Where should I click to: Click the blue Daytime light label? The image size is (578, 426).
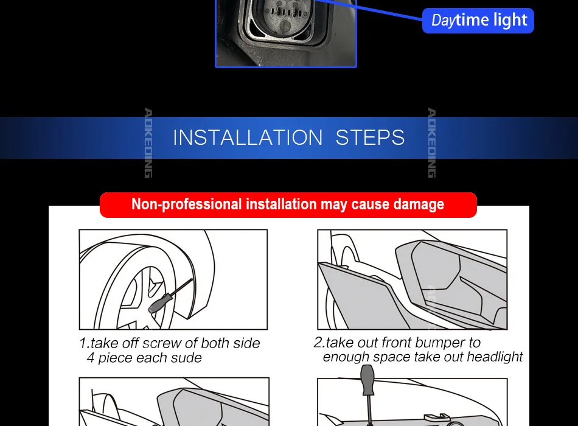click(478, 21)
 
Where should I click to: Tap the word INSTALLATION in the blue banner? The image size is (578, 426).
click(248, 138)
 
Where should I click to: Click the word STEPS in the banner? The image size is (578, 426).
click(370, 138)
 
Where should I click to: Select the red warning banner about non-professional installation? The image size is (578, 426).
click(288, 204)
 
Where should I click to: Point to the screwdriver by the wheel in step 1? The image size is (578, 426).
click(170, 296)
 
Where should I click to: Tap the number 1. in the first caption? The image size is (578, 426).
click(85, 343)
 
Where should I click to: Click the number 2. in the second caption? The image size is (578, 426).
click(319, 342)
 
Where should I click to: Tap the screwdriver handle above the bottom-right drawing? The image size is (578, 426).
click(367, 380)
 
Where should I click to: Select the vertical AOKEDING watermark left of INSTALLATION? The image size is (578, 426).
click(148, 143)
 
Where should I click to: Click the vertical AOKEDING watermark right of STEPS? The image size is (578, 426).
click(431, 143)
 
